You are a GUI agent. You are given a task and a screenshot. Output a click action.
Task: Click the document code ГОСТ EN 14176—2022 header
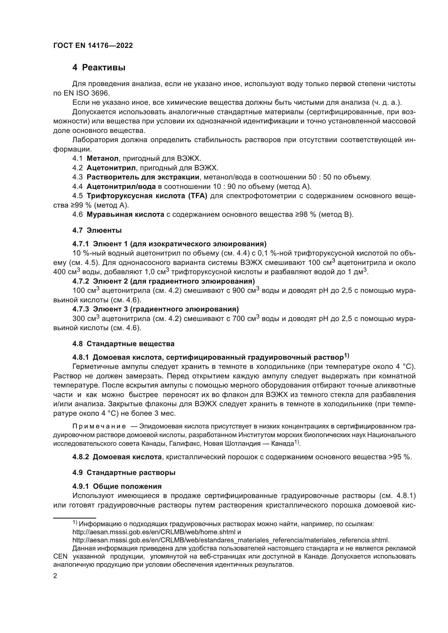coord(93,46)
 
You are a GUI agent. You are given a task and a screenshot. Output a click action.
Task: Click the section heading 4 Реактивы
coord(99,67)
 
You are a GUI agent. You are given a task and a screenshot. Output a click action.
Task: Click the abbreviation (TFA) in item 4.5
coord(197,196)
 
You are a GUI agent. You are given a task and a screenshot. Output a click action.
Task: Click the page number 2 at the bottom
coord(55,576)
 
